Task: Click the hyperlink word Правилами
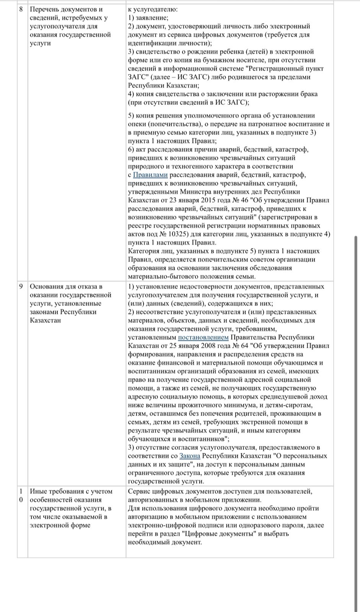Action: click(150, 175)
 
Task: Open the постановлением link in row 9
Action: click(203, 337)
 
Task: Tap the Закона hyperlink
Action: click(190, 456)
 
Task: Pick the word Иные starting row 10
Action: click(37, 491)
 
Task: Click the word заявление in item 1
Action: click(151, 18)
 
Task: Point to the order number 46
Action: click(245, 200)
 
